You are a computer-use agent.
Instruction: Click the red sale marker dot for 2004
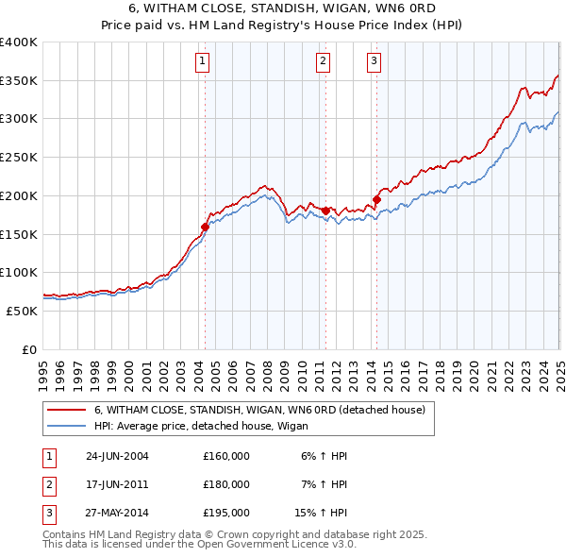205,227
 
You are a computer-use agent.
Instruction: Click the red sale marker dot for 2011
325,211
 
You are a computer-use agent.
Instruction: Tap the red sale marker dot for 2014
375,199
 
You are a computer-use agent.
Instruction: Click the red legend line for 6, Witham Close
66,410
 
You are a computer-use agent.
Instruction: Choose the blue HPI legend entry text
193,425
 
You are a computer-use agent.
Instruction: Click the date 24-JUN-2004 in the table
117,456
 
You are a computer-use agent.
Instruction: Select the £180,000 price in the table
225,484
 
